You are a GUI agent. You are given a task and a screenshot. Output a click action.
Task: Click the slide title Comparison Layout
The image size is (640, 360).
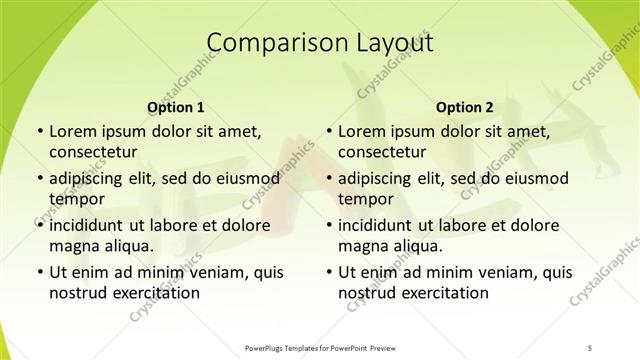pos(320,43)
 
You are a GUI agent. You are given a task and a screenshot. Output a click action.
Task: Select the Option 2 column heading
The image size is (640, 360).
pos(465,107)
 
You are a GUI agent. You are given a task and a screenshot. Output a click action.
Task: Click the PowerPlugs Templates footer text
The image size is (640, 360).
pos(320,348)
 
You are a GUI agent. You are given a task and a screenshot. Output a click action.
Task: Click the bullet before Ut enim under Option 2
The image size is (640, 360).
pos(329,272)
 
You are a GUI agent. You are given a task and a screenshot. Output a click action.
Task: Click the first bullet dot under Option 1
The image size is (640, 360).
pos(39,131)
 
